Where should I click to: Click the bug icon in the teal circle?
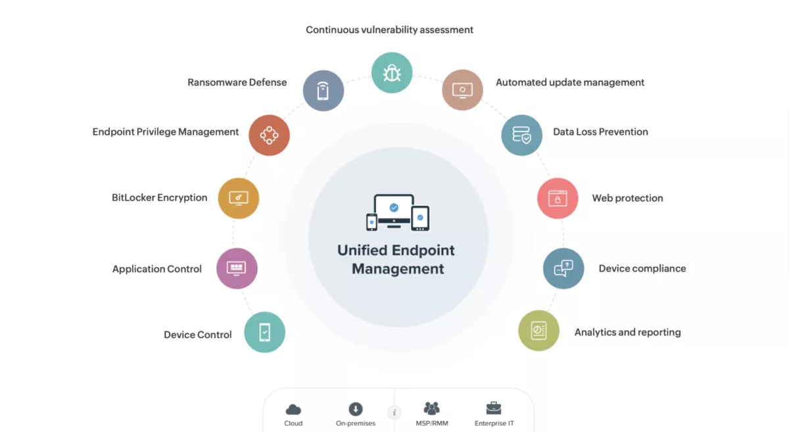tap(392, 73)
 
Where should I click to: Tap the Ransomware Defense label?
tap(237, 82)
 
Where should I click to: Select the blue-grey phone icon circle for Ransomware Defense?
tap(323, 91)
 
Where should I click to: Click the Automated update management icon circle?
tap(462, 90)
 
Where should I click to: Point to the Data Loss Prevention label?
tap(600, 132)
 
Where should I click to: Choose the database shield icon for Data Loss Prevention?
tap(521, 135)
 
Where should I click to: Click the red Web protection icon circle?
tap(558, 199)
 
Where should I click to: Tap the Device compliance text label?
tap(642, 268)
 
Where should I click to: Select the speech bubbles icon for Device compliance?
tap(563, 268)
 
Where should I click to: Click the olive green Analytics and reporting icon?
tap(538, 331)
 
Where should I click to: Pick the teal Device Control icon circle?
tap(264, 332)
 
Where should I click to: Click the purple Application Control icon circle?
tap(237, 268)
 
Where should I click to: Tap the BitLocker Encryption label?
tap(160, 198)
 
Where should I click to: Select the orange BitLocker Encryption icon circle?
tap(239, 199)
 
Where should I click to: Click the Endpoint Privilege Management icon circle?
tap(269, 135)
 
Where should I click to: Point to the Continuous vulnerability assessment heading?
tap(389, 30)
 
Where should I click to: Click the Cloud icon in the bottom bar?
tap(293, 409)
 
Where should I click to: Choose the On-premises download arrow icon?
tap(356, 409)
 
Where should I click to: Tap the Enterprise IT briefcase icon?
tap(494, 408)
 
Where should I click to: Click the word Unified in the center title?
tap(362, 250)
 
